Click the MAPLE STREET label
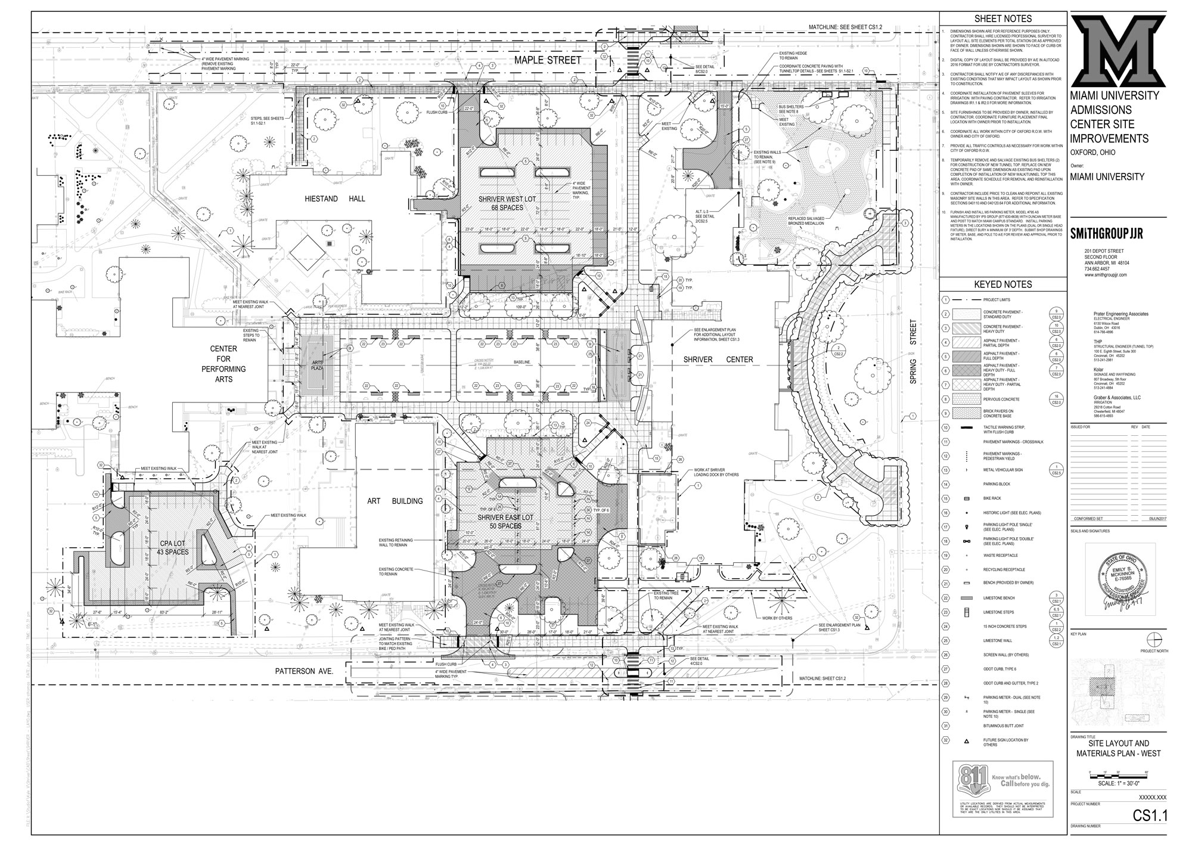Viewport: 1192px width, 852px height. coord(547,60)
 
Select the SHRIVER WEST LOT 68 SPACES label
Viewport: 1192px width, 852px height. coord(500,203)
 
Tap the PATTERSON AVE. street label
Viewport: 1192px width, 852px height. coord(303,671)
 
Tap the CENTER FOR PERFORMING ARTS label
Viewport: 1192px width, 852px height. coord(223,364)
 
